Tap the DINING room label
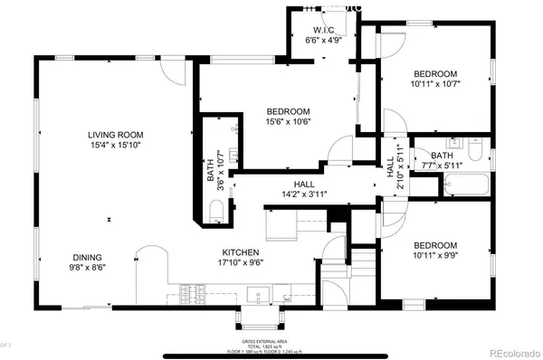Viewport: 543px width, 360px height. pyautogui.click(x=88, y=256)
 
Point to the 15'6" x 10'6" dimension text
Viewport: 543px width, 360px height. pyautogui.click(x=289, y=123)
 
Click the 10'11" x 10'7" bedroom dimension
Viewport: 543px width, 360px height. pyautogui.click(x=435, y=85)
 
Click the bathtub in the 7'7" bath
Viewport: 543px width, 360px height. pyautogui.click(x=466, y=185)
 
